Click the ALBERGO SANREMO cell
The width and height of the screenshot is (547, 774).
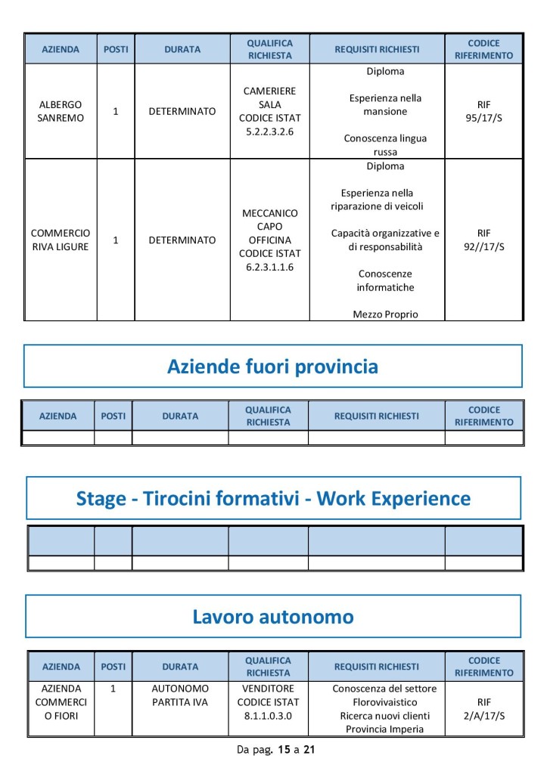[61, 111]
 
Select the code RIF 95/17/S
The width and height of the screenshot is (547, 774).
[483, 111]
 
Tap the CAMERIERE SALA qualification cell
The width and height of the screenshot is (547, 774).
[269, 111]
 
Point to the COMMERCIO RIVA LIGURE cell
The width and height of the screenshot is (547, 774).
[61, 240]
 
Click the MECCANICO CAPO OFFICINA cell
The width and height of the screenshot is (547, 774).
[269, 240]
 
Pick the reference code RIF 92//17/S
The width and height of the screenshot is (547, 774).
[483, 240]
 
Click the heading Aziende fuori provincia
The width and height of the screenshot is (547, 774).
[272, 367]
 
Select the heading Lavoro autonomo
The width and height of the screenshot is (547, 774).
[272, 617]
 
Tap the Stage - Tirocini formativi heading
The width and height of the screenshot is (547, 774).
[273, 498]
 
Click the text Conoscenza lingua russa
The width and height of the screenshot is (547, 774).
[385, 145]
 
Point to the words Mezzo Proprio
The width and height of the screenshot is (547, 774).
[385, 314]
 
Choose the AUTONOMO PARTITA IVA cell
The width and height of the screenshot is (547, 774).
[180, 695]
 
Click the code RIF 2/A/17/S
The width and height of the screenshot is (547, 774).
[484, 708]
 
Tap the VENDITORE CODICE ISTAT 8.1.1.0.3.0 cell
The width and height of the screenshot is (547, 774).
[269, 702]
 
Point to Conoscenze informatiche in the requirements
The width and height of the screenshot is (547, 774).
[385, 280]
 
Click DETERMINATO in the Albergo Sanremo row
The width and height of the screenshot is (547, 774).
[182, 111]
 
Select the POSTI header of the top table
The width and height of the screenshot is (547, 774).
[116, 49]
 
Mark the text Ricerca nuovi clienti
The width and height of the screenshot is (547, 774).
[384, 716]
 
